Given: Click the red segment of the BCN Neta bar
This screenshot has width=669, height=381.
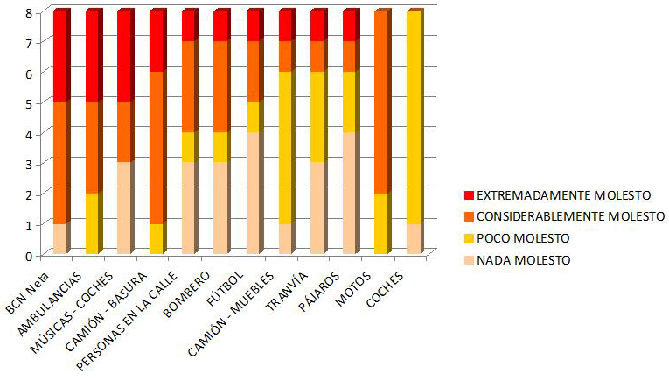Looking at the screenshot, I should pos(60,56).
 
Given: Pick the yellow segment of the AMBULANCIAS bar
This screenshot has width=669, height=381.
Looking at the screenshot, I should pos(93,223).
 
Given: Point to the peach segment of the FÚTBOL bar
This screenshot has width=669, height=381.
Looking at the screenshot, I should pos(254,194).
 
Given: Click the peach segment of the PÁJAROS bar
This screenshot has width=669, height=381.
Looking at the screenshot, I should pos(350,194).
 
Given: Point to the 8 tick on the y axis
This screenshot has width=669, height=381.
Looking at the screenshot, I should pos(29,11).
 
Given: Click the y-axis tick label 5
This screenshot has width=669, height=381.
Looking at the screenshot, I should pos(29,102).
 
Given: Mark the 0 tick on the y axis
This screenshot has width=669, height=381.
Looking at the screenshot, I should pos(29,255).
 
